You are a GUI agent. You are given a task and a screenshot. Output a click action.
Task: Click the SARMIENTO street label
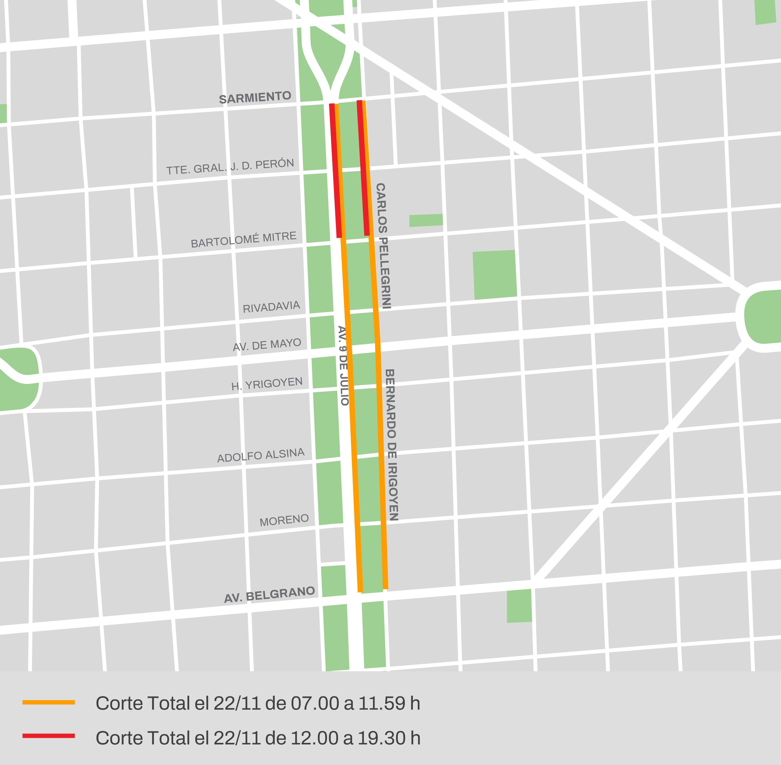point(255,97)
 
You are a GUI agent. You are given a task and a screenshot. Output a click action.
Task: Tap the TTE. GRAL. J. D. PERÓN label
point(230,166)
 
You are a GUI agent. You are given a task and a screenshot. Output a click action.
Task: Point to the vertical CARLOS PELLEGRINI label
point(383,246)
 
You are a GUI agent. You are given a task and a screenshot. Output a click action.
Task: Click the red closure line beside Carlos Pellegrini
point(363,169)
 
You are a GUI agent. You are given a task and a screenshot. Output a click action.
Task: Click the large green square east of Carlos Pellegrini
point(494,275)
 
